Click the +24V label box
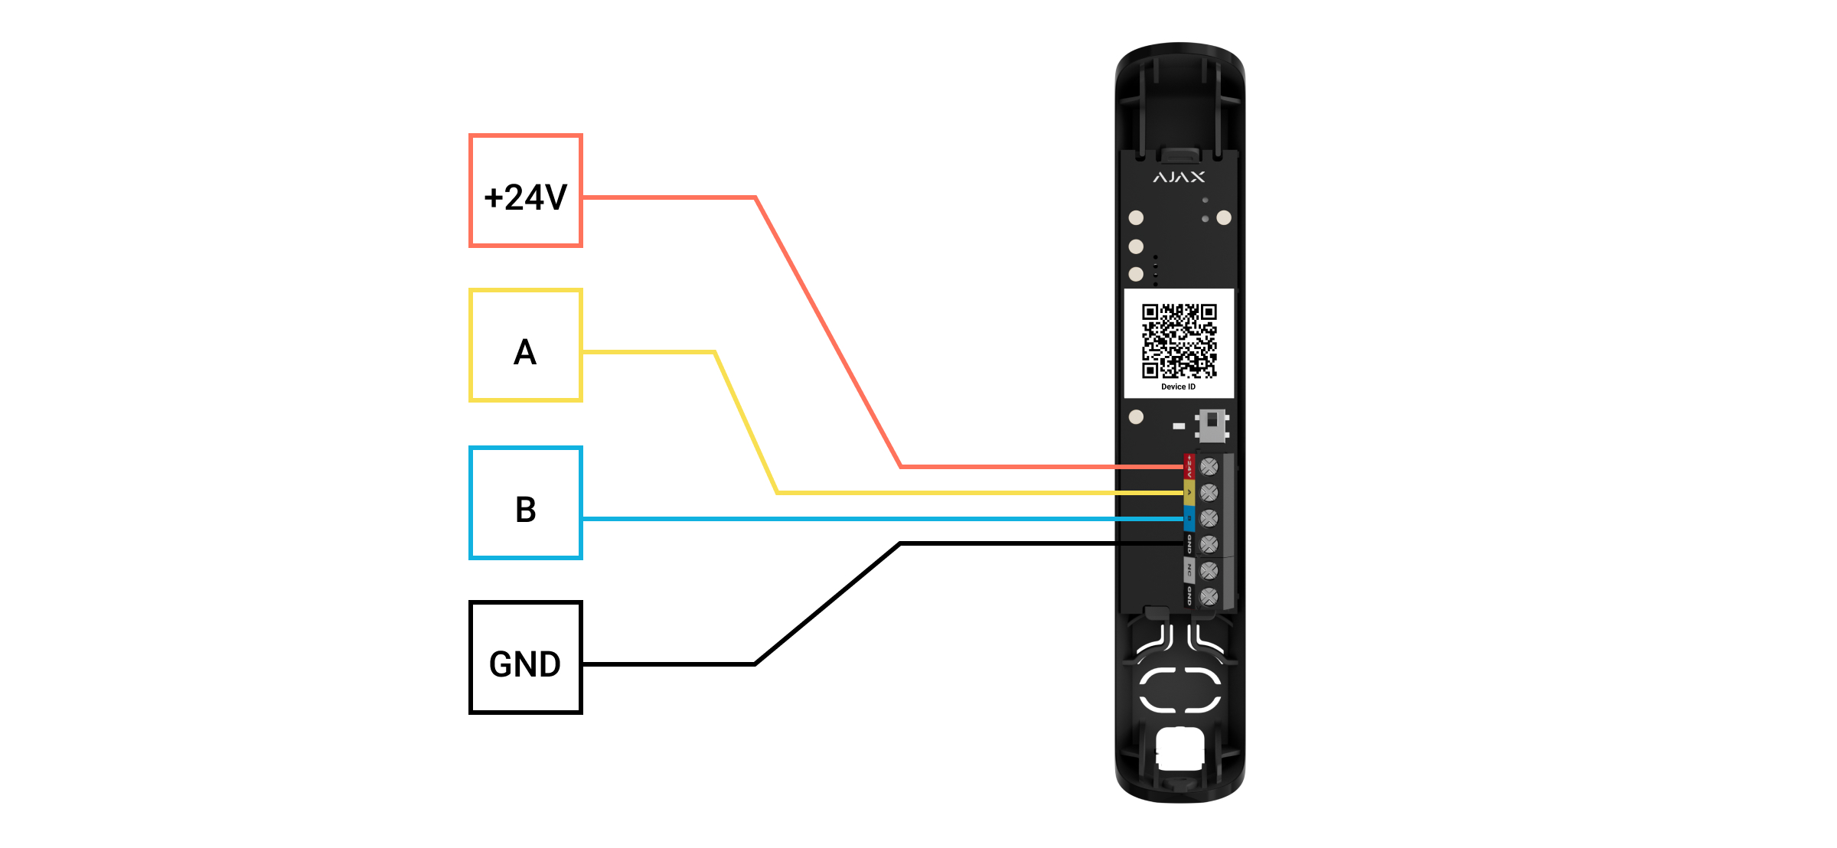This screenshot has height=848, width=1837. point(525,191)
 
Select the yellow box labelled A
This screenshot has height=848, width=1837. point(525,345)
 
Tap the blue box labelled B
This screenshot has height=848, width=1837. point(525,503)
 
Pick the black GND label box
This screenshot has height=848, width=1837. point(525,657)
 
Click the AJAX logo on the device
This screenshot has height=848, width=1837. point(1179,178)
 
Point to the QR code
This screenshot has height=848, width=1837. point(1179,341)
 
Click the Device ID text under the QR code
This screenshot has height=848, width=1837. point(1178,387)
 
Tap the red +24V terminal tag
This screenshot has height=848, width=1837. point(1189,465)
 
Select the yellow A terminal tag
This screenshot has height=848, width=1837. point(1189,492)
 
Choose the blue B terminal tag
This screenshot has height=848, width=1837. point(1189,518)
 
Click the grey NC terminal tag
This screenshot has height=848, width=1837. point(1189,569)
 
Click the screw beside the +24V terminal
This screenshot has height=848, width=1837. point(1209,466)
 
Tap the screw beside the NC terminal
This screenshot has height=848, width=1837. point(1209,570)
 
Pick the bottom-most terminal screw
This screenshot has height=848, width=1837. point(1209,596)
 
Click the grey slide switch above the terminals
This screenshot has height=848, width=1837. point(1212,425)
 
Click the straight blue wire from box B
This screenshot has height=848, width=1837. point(842,519)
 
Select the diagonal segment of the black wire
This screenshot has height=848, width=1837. point(827,604)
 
